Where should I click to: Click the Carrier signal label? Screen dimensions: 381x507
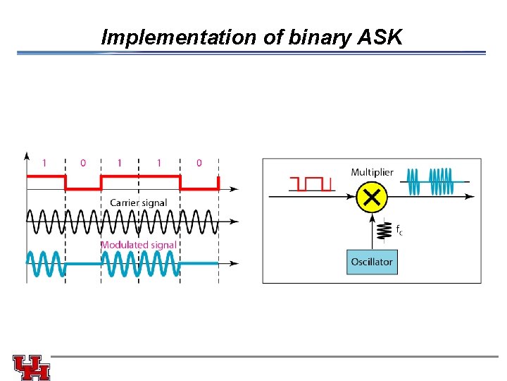pos(138,202)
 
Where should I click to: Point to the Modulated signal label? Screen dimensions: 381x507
pos(138,245)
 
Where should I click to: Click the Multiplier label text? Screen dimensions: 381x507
pos(372,172)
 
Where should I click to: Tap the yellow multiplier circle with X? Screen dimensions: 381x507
pos(372,198)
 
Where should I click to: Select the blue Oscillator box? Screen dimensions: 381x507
pos(372,262)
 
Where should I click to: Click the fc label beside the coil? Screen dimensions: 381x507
pos(399,230)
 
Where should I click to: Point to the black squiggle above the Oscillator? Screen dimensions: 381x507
pos(384,230)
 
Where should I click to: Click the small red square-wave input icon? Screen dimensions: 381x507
pos(311,184)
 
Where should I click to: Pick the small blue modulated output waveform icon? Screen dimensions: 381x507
pos(434,181)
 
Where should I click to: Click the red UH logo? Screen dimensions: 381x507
pos(32,367)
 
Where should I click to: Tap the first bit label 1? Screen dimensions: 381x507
pos(44,163)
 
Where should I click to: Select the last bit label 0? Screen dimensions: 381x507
pos(199,163)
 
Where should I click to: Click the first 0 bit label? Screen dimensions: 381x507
pos(82,163)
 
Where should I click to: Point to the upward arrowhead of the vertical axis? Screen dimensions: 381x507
pos(27,155)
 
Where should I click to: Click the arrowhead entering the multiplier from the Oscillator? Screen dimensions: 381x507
pos(372,217)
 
